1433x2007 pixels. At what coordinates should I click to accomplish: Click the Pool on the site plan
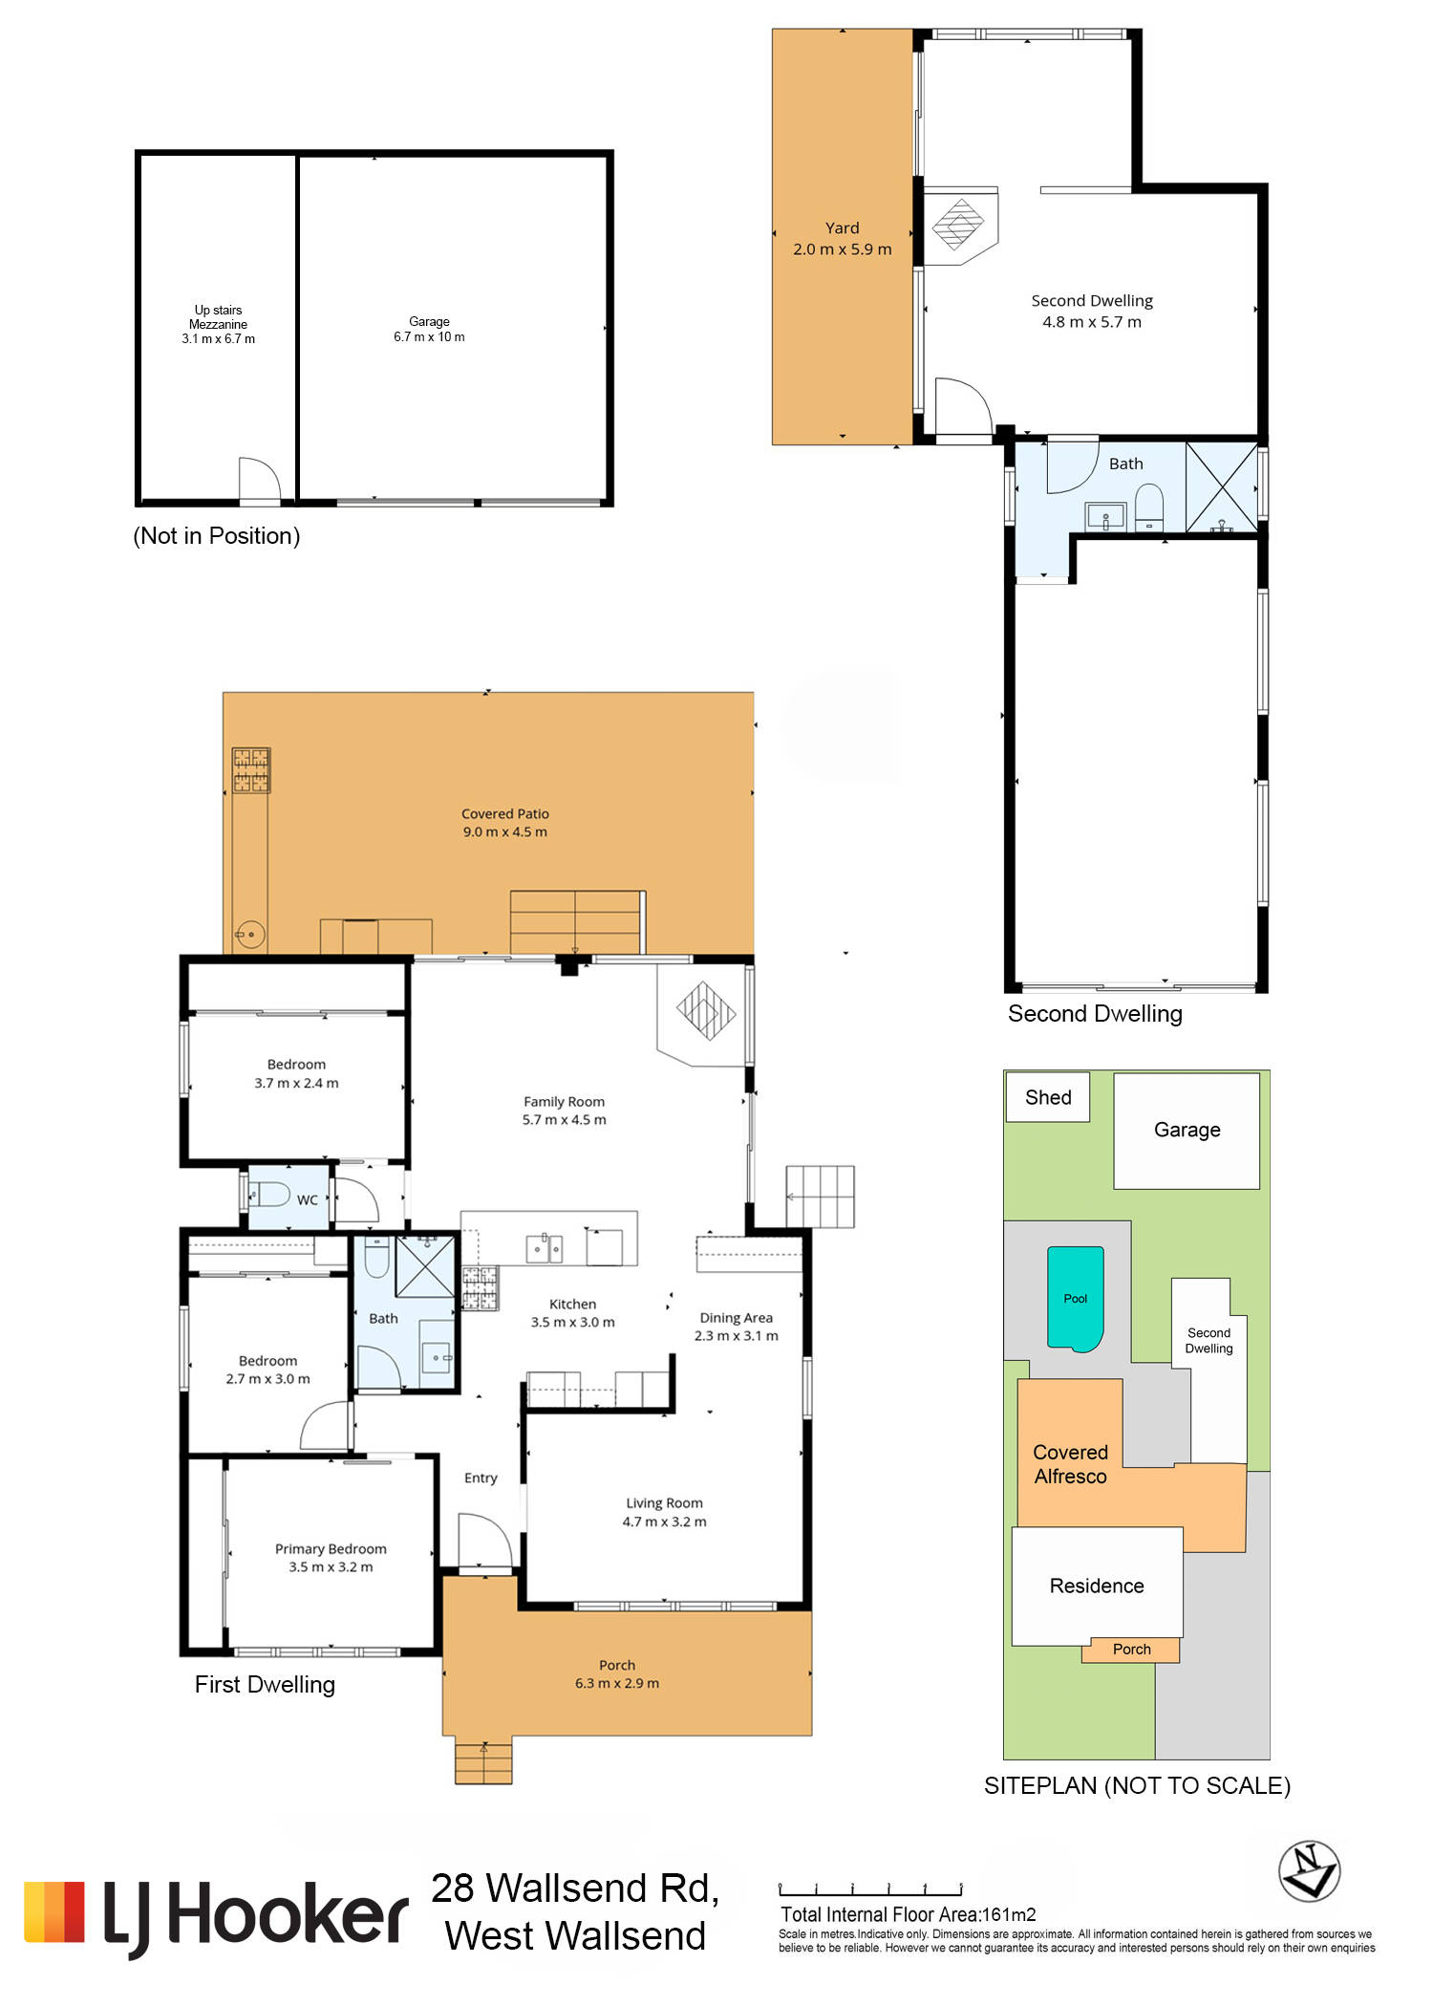point(1076,1299)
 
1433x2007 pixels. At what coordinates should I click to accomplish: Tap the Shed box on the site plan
point(1048,1097)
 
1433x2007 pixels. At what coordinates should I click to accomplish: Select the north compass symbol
point(1309,1870)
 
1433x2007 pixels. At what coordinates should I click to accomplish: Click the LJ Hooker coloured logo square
point(54,1912)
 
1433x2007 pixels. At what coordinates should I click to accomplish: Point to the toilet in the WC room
point(268,1194)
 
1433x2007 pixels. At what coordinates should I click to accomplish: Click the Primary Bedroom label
point(331,1548)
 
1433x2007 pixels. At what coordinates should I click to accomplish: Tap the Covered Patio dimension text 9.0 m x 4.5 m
point(505,831)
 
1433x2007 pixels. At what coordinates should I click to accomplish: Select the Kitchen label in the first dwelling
point(572,1304)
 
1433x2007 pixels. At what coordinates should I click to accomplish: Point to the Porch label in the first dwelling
point(617,1665)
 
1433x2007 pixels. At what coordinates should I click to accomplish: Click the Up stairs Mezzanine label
point(218,317)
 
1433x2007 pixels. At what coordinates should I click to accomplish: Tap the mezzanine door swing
point(259,480)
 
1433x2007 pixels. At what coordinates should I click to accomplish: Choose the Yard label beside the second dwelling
point(843,227)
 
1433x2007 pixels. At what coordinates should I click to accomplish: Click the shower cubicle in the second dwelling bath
point(1222,486)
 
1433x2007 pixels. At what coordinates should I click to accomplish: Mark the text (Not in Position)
point(217,535)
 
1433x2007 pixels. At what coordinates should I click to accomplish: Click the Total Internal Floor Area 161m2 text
point(909,1914)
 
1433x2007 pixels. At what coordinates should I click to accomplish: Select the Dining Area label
point(736,1317)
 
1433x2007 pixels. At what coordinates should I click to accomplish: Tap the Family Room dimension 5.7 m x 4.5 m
point(564,1119)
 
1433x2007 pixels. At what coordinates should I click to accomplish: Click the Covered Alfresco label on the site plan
point(1070,1464)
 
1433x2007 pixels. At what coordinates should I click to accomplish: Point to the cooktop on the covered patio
point(251,770)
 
